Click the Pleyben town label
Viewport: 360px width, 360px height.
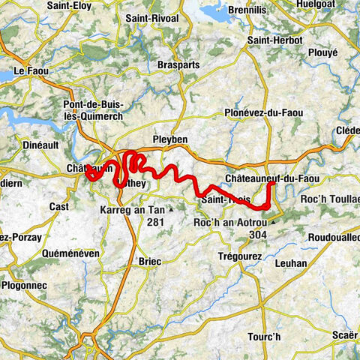click(x=169, y=139)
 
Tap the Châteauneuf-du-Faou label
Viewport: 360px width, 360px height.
click(x=272, y=178)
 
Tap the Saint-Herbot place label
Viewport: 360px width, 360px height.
click(x=274, y=40)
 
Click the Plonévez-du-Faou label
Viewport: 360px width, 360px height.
click(x=263, y=112)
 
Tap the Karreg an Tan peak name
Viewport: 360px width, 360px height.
click(x=133, y=211)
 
